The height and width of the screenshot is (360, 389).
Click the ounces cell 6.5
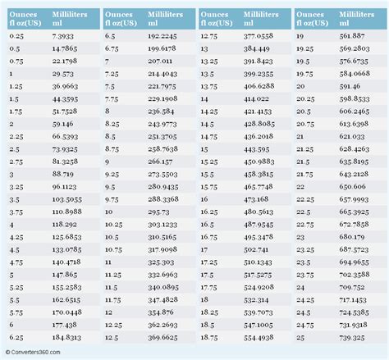pyautogui.click(x=110, y=37)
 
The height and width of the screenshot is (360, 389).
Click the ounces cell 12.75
pyautogui.click(x=208, y=37)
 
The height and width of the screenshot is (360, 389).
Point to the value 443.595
pyautogui.click(x=258, y=157)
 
